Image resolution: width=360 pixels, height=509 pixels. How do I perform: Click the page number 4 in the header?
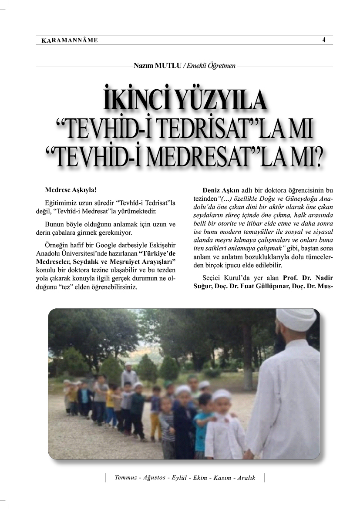[x=324, y=40]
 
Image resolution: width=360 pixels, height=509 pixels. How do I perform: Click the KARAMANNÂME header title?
[x=70, y=40]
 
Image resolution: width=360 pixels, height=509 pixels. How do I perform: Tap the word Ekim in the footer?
[x=200, y=478]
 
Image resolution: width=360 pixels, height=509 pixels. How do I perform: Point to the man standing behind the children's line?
[x=129, y=374]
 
